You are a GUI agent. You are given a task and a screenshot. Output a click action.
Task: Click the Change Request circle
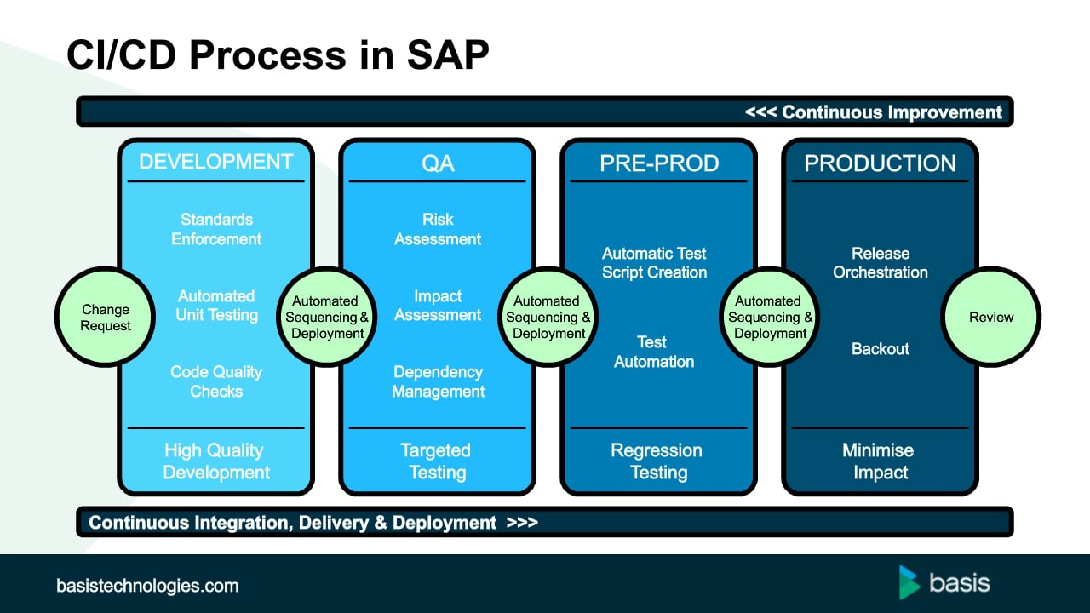105,318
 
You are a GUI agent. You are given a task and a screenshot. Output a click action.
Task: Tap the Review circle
990,318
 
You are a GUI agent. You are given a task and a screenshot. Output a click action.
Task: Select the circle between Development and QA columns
326,318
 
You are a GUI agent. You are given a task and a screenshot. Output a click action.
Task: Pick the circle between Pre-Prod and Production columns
769,318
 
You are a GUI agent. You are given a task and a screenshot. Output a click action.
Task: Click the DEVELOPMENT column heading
215,162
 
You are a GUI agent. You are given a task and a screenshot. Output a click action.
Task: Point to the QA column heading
438,163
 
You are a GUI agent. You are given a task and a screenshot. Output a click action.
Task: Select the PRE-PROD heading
659,163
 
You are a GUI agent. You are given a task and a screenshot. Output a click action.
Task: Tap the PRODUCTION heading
880,163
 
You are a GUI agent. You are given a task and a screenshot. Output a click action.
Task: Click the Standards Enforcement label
216,229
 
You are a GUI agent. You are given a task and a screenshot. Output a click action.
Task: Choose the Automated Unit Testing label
216,306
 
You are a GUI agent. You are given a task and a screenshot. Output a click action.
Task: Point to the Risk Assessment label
438,229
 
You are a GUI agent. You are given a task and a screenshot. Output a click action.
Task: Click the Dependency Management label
438,381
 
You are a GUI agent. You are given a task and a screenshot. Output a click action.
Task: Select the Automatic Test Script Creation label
654,263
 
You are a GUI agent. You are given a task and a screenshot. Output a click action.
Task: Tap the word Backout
881,349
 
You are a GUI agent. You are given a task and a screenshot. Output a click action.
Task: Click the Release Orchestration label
881,263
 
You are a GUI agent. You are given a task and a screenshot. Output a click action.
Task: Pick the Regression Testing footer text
657,461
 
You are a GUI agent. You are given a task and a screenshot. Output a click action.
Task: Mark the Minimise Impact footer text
878,461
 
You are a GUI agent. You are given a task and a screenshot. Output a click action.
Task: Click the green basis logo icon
909,582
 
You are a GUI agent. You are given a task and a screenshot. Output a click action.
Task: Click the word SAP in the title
448,54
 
